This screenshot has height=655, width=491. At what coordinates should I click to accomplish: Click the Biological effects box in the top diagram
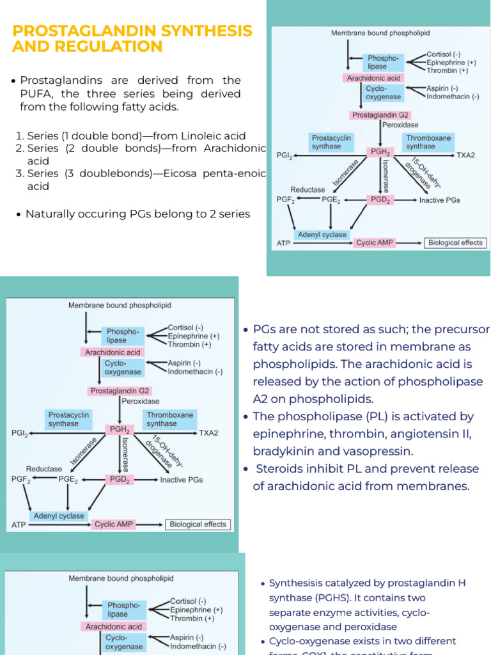pyautogui.click(x=455, y=243)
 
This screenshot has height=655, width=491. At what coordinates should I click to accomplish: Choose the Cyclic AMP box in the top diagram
pyautogui.click(x=375, y=243)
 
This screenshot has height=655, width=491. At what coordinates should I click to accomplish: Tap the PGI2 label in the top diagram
pyautogui.click(x=284, y=155)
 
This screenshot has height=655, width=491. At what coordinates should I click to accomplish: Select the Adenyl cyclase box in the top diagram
pyautogui.click(x=322, y=235)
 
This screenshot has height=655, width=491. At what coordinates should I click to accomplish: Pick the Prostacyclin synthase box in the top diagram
pyautogui.click(x=331, y=142)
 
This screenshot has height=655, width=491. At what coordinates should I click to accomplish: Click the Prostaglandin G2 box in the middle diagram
pyautogui.click(x=120, y=391)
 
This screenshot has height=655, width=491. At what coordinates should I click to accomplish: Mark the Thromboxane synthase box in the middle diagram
pyautogui.click(x=169, y=419)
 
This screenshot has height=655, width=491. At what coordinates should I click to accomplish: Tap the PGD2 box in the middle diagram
pyautogui.click(x=120, y=478)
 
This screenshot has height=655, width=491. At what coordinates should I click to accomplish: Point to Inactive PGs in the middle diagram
pyautogui.click(x=181, y=479)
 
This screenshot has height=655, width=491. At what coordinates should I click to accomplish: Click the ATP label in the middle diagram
pyautogui.click(x=19, y=525)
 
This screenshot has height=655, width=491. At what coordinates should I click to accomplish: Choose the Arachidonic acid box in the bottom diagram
pyautogui.click(x=114, y=627)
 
